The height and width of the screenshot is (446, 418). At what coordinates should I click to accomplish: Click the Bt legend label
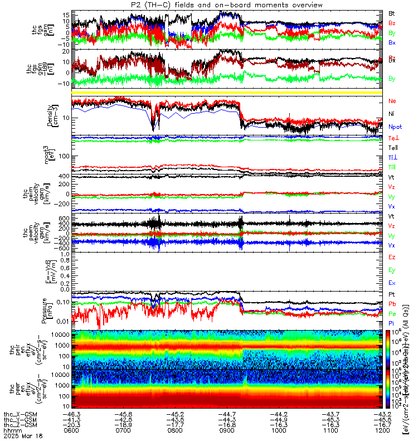pos(392,13)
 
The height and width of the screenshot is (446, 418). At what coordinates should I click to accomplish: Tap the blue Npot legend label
pos(395,127)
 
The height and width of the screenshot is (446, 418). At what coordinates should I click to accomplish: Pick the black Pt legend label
pos(392,294)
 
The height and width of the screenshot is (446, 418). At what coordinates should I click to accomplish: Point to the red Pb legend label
pos(392,304)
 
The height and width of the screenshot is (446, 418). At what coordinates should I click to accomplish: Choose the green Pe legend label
pos(392,314)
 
